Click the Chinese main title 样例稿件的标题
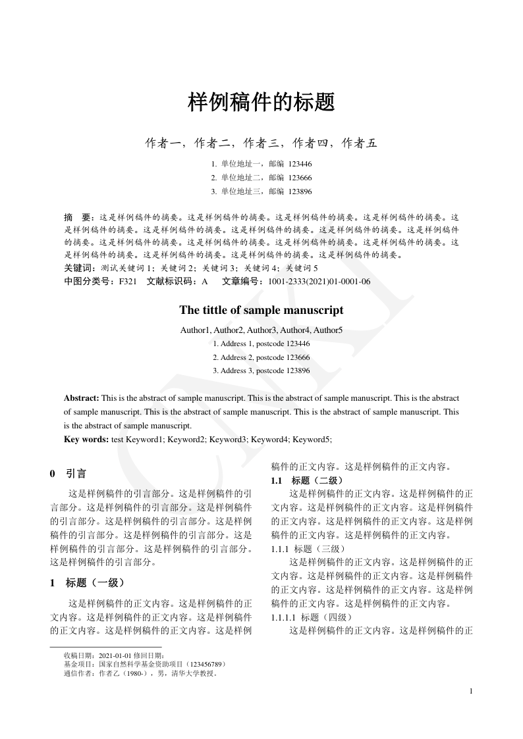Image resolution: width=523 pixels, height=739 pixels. click(261, 102)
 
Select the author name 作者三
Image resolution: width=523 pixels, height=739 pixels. click(261, 143)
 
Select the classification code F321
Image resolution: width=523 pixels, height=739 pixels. click(127, 281)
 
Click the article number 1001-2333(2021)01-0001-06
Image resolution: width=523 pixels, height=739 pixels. click(319, 281)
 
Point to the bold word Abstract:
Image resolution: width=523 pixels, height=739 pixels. click(82, 398)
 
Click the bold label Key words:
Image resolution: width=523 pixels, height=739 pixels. click(86, 439)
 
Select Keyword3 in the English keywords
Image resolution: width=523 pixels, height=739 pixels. click(229, 439)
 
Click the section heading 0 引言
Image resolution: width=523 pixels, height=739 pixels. click(68, 474)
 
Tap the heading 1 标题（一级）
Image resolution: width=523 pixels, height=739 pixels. click(87, 582)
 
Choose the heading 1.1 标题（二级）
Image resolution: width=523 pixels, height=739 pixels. click(307, 480)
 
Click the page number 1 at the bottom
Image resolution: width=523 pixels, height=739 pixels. click(472, 690)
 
